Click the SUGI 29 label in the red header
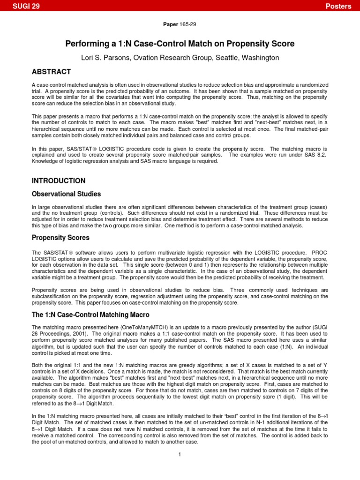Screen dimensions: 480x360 coord(26,6)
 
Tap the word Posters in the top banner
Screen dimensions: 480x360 coord(339,6)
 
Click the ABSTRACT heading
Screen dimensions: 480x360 coord(51,72)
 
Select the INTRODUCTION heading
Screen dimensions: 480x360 coord(58,180)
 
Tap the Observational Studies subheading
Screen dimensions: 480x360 coord(66,194)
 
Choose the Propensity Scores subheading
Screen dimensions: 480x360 coord(60,238)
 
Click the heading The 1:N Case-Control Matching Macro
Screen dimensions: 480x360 coord(90,315)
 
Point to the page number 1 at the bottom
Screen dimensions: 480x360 coord(180,454)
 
